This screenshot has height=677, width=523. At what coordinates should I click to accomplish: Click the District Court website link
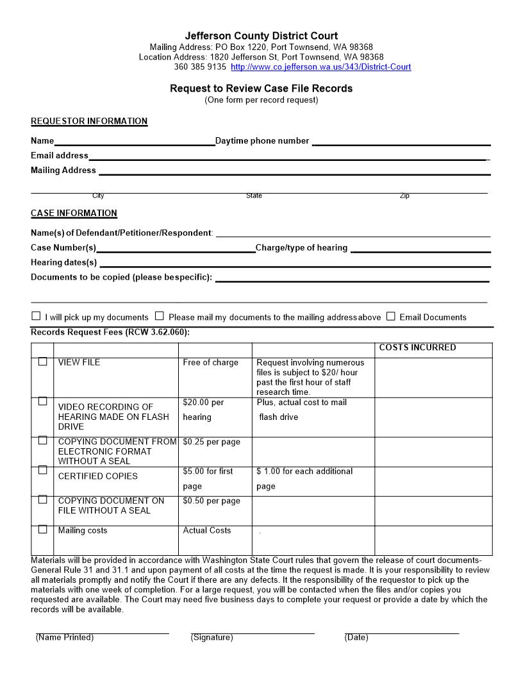(320, 67)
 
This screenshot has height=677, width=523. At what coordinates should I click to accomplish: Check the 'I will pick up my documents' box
(36, 316)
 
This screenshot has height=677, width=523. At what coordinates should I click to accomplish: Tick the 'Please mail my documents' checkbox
(160, 316)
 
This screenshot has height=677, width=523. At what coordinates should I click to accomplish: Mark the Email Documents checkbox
(391, 316)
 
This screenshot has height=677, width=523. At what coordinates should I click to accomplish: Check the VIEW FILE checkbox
(42, 362)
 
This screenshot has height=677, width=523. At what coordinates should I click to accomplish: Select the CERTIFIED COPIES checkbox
(42, 470)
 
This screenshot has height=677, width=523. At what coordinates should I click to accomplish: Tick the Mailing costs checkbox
(42, 530)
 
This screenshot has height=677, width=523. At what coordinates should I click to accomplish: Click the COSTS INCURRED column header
(417, 347)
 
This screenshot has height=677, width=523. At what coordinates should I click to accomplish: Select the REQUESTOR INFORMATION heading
(89, 121)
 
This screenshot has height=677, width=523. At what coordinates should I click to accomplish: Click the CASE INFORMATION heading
(74, 213)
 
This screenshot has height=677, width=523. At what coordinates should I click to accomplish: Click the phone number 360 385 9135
(200, 67)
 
